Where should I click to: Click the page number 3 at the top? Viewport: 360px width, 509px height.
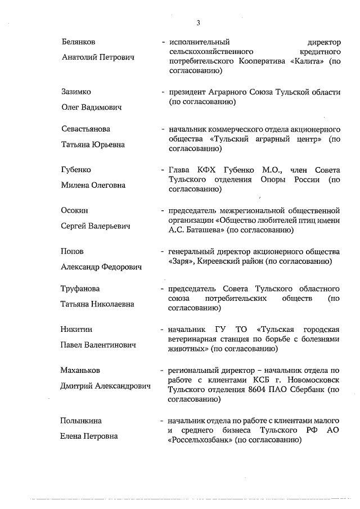coord(199,22)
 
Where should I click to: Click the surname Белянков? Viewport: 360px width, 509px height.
coord(78,42)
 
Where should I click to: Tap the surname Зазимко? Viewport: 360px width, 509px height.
coord(76,92)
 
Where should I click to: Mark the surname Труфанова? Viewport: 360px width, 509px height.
coord(80,289)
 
